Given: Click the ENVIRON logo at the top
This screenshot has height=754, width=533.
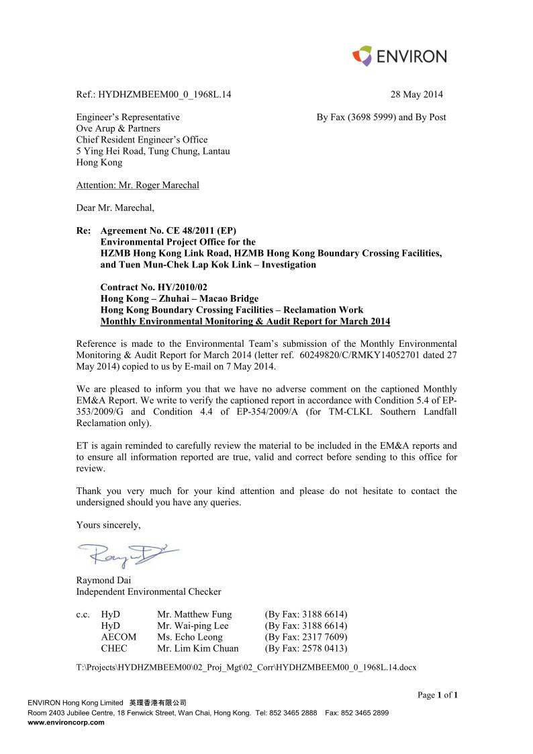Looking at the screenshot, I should click(x=399, y=56).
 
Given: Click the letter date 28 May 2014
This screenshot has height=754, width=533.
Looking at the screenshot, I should click(x=416, y=95).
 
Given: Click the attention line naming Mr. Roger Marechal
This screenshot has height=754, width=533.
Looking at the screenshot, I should click(x=138, y=185).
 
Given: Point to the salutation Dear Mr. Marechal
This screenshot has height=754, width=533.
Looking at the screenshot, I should click(x=115, y=207).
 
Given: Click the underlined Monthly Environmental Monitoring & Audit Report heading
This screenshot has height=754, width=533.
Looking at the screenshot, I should click(x=245, y=322).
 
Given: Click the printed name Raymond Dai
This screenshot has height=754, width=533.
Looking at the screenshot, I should click(x=104, y=580).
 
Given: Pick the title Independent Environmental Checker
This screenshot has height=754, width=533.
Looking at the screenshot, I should click(x=148, y=591).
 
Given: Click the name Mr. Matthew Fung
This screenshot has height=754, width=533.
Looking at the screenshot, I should click(x=195, y=614).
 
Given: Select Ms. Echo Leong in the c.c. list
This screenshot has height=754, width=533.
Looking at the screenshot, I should click(x=190, y=637).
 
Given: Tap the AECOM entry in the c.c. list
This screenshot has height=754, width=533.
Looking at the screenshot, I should click(x=118, y=637).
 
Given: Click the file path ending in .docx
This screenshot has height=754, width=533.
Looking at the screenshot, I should click(x=246, y=667).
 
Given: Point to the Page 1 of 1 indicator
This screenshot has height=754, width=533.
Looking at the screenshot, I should click(x=437, y=695).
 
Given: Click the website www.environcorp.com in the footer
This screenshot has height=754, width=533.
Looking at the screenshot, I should click(x=66, y=722).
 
